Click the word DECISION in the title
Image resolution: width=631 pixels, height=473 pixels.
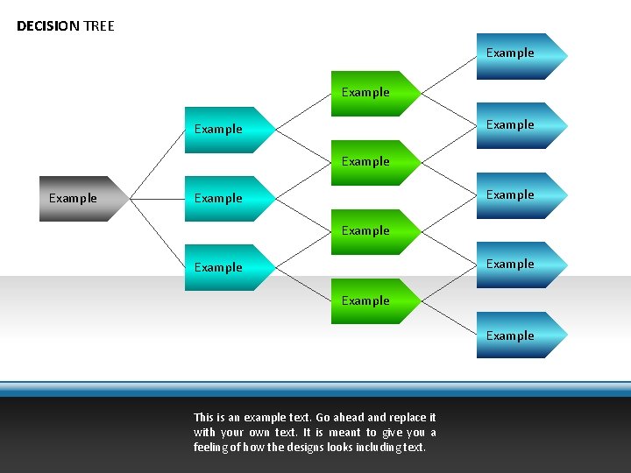point(48,25)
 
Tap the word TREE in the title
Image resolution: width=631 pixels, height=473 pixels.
point(99,25)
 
